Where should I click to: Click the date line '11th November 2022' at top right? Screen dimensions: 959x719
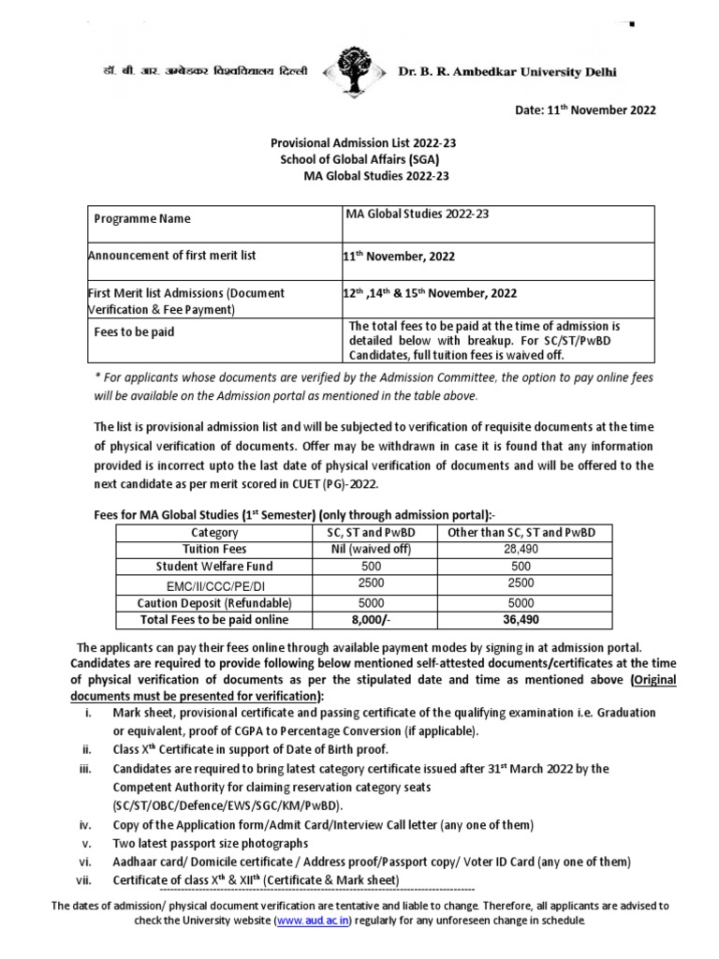coord(586,110)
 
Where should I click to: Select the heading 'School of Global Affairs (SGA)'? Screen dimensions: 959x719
coord(359,160)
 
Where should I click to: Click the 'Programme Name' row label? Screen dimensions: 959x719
coord(142,219)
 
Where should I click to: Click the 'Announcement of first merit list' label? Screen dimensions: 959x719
coord(171,255)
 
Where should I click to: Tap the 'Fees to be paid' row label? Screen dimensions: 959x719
coord(133,332)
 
